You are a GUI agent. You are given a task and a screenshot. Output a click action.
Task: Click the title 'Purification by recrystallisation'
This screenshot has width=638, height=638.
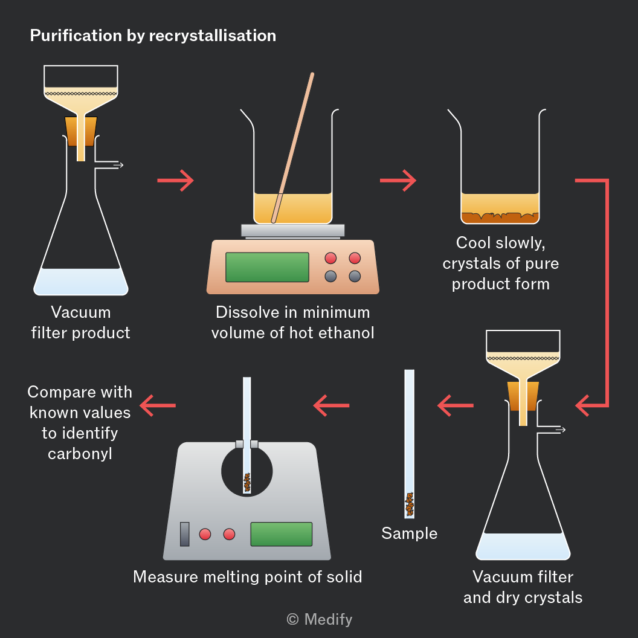click(153, 36)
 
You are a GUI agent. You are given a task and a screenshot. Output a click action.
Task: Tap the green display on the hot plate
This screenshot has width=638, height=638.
click(267, 267)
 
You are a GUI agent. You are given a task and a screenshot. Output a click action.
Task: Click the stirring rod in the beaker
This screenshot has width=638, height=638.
click(292, 148)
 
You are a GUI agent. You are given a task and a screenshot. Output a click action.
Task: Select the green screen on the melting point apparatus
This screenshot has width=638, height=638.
click(281, 534)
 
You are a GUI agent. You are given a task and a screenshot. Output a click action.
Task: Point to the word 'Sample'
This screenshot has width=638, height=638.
click(410, 533)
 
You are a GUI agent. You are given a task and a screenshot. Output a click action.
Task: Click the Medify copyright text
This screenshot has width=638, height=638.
click(320, 619)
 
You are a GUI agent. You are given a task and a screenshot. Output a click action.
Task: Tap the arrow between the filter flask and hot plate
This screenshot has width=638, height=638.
click(175, 180)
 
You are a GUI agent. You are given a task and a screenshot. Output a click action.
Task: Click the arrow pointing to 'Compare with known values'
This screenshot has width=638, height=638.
click(158, 405)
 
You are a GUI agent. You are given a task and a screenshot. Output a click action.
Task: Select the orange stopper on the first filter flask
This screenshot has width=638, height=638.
click(81, 132)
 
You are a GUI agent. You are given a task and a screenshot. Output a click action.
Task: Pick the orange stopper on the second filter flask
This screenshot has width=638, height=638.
click(523, 396)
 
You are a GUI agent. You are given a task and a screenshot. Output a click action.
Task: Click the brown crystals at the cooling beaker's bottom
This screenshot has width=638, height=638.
click(500, 217)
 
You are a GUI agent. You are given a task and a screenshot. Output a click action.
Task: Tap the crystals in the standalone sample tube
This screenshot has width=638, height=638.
click(410, 504)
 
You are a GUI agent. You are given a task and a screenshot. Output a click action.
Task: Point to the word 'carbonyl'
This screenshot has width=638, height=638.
click(80, 454)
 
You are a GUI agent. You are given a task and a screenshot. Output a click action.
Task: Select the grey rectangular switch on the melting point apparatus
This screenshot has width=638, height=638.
click(185, 534)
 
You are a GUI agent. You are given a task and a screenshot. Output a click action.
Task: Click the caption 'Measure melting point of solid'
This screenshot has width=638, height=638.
click(247, 577)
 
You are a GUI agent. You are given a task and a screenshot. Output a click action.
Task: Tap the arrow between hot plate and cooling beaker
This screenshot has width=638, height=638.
click(398, 180)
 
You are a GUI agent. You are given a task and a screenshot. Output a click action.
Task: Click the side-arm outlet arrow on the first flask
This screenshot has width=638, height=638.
click(118, 165)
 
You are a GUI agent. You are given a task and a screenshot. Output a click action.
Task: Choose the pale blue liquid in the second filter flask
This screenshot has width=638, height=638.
click(523, 546)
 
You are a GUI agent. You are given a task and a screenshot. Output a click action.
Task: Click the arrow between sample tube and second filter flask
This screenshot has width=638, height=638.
click(456, 405)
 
